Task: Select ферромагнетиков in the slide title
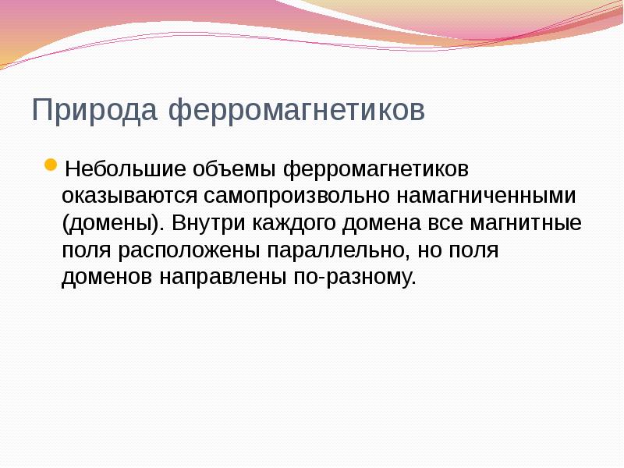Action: click(296, 110)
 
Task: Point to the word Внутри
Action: click(208, 224)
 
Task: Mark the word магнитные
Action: click(526, 224)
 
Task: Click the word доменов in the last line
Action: click(108, 277)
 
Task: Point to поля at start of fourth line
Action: click(87, 251)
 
